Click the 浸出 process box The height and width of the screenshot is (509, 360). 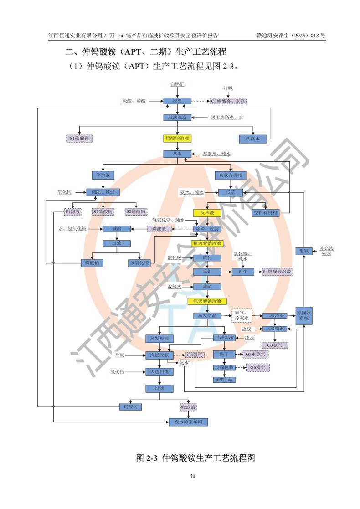(177, 101)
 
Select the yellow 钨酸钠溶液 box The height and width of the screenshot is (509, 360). (177, 137)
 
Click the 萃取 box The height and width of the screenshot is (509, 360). (177, 154)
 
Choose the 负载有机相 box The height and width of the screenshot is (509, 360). (231, 175)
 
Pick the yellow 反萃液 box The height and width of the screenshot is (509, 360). (207, 213)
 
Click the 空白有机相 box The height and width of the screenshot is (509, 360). (265, 212)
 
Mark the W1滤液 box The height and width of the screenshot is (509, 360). (73, 212)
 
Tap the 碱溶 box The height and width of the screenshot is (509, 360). (118, 228)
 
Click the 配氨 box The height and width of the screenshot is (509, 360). (304, 251)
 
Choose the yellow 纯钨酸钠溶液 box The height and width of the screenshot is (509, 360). (207, 301)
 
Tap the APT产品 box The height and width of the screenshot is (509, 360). (224, 379)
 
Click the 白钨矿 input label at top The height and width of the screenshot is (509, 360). (177, 84)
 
